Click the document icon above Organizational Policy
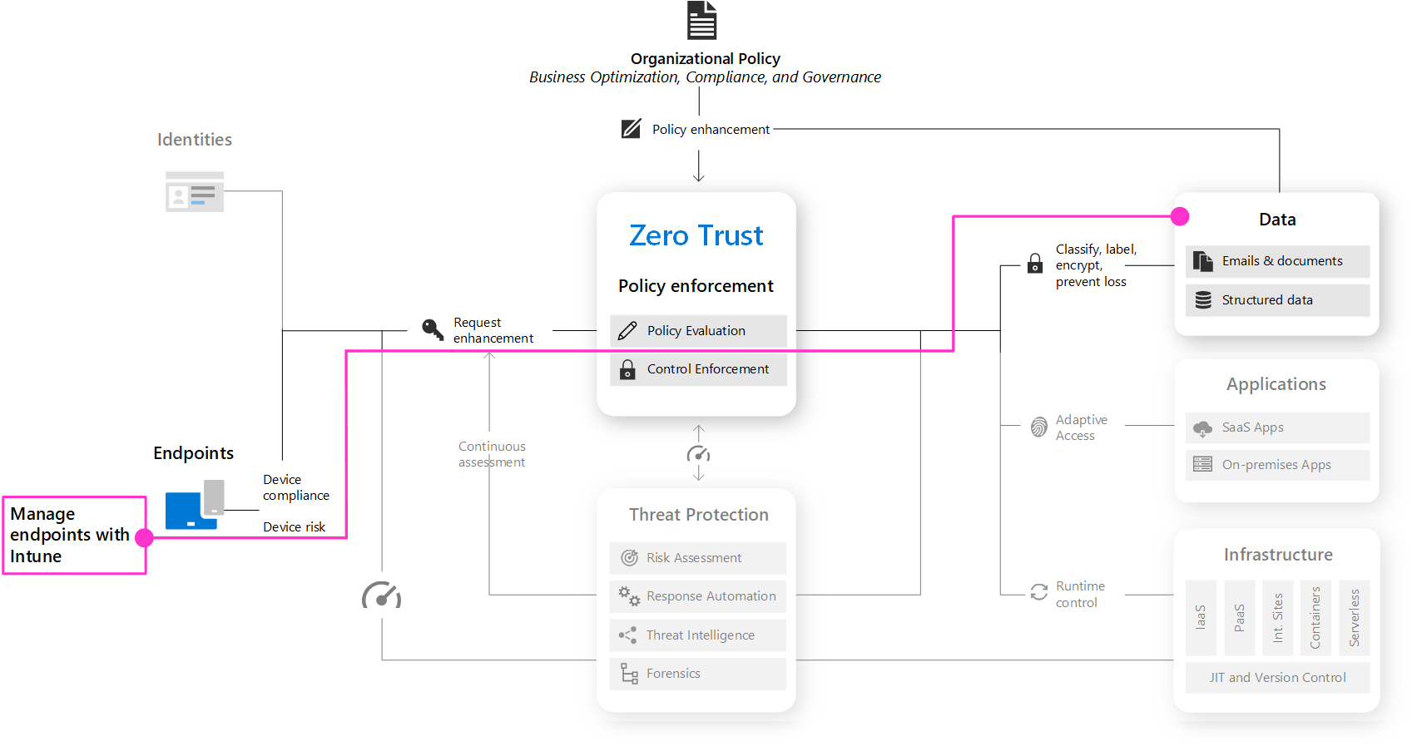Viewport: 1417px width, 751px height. coord(701,20)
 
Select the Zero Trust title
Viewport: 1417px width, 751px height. coord(696,235)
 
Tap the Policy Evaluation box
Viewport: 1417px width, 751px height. coord(698,331)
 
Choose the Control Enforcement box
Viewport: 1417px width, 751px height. coord(698,369)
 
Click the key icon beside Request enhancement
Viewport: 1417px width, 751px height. coord(433,329)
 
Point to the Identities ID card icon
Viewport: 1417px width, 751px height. coord(194,191)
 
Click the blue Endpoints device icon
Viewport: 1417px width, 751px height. coord(194,505)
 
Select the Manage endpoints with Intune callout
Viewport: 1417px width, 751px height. coord(75,536)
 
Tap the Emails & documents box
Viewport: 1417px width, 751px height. coord(1277,261)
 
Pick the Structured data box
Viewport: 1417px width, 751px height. coord(1277,300)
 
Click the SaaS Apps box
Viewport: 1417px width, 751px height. coord(1277,427)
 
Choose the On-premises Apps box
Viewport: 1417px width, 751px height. coord(1277,465)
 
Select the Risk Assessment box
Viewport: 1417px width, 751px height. coord(698,558)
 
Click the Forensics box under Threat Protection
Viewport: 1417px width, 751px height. coord(698,674)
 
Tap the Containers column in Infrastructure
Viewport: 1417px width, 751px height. coord(1315,618)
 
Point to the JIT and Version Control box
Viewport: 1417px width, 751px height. coord(1277,678)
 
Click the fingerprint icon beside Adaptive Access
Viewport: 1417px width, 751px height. coord(1038,427)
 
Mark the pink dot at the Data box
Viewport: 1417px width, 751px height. coord(1180,217)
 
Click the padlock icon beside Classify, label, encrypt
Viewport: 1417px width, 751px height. coord(1035,263)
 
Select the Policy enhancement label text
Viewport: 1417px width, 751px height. coord(711,130)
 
